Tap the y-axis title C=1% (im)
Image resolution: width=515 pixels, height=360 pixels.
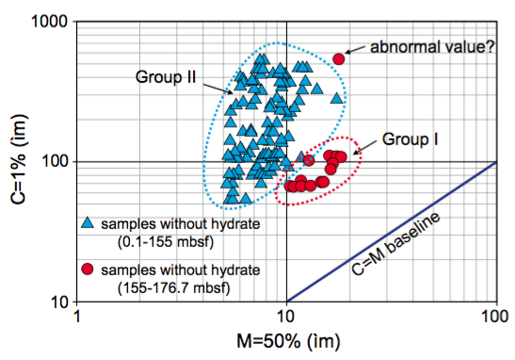[18, 161]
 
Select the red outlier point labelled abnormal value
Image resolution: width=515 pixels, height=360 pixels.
[339, 58]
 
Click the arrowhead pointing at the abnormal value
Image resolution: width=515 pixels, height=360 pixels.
[348, 52]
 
